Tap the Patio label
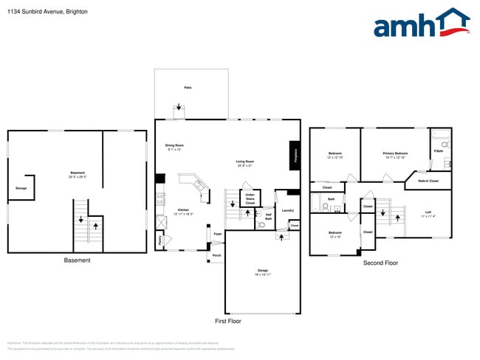tap(188, 88)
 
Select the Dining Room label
tap(174, 146)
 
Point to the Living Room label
tap(245, 163)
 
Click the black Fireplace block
tap(294, 155)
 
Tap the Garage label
tap(262, 271)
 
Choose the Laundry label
tap(287, 210)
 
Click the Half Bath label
tap(269, 217)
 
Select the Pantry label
tap(160, 239)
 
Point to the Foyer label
tap(218, 234)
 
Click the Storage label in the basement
tap(21, 188)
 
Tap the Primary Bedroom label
tap(395, 154)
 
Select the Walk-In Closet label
tap(428, 180)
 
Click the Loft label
tap(428, 213)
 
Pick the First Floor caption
tap(227, 321)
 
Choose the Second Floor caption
tap(380, 263)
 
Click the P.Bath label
tap(438, 152)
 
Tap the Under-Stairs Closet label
tap(250, 198)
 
